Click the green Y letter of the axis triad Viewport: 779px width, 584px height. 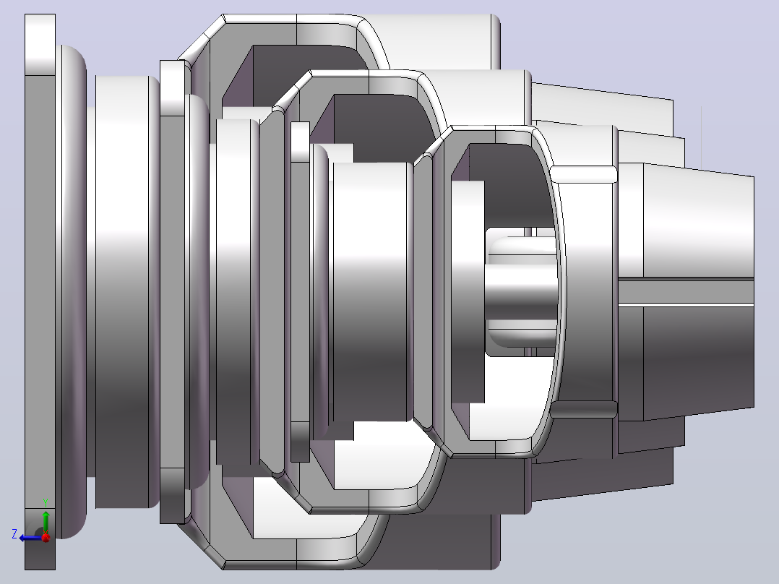point(46,502)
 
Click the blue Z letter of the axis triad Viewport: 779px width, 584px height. point(14,534)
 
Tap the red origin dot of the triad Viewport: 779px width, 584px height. point(46,538)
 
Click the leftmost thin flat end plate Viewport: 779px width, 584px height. point(40,291)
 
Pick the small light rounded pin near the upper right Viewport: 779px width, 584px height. point(584,174)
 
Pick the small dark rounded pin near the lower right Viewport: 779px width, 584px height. point(584,410)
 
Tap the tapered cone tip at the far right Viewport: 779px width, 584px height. point(699,291)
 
